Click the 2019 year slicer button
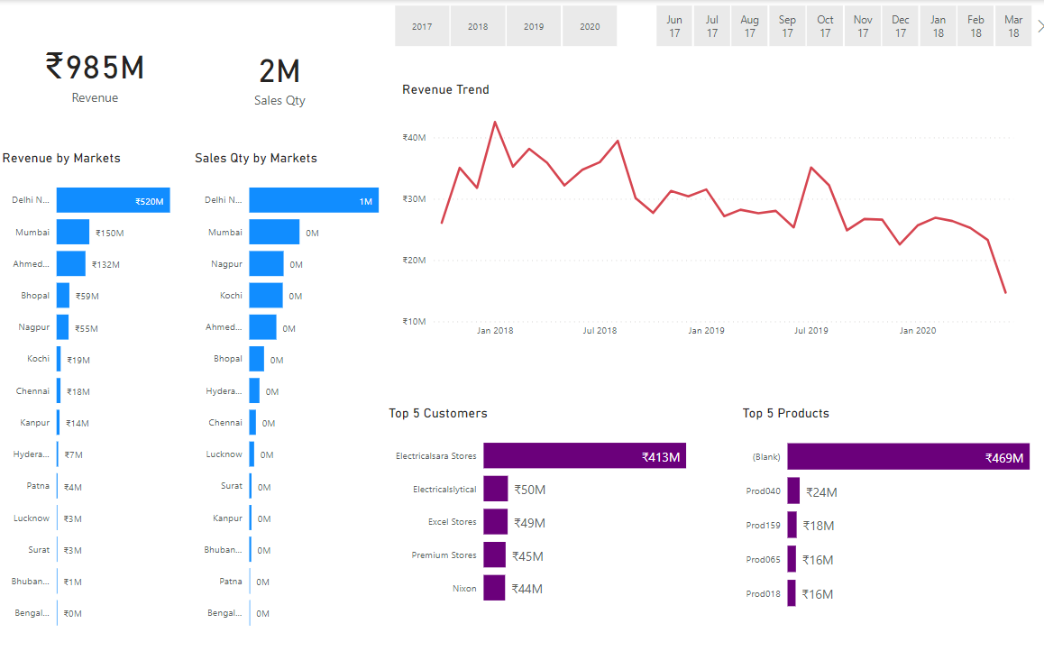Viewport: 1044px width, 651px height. (534, 26)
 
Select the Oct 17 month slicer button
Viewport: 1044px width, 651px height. (825, 26)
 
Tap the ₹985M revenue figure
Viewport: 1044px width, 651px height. (95, 68)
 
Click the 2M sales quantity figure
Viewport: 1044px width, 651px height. (279, 72)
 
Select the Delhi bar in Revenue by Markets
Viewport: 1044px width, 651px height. (113, 201)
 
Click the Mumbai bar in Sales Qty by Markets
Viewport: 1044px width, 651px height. (274, 232)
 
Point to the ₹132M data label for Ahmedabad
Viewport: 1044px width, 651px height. (105, 265)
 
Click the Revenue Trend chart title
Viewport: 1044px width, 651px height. (445, 90)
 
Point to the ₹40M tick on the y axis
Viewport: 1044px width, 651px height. (414, 138)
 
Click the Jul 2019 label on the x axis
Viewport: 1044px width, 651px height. (810, 331)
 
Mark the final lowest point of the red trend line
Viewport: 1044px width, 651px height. (1005, 292)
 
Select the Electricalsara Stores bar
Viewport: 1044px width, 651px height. (585, 456)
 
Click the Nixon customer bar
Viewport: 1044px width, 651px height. (493, 588)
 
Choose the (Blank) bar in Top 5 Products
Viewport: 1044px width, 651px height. (907, 457)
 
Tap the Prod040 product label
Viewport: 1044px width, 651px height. (764, 491)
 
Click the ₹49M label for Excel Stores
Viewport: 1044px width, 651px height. (529, 523)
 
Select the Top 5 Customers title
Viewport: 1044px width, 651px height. (437, 414)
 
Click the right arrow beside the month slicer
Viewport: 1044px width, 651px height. (1039, 26)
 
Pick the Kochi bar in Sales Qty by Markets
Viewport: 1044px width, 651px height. (266, 296)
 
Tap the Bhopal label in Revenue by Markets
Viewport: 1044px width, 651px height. (35, 296)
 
